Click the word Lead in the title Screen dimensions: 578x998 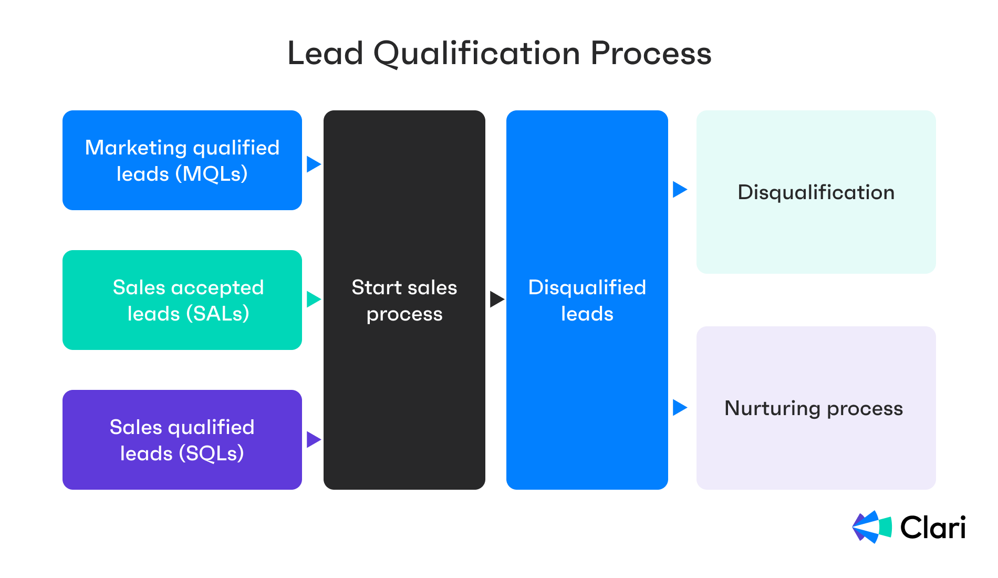(325, 54)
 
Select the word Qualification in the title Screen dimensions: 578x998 (476, 55)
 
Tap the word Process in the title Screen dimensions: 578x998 (651, 54)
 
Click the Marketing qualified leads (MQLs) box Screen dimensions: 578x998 (182, 160)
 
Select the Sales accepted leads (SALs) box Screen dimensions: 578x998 (182, 300)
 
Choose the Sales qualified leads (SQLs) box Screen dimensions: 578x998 (182, 440)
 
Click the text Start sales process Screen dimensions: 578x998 (404, 300)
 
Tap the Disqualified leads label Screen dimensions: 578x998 (587, 300)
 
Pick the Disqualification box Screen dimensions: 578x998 (816, 192)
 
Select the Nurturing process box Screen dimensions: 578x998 (816, 408)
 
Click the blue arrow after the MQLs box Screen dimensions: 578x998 (313, 164)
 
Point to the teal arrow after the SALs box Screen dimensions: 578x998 (313, 300)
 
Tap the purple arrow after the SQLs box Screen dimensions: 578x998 (313, 439)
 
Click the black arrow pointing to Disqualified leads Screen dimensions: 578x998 (496, 300)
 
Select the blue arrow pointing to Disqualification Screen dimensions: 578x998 (679, 189)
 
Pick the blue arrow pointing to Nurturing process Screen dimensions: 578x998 (679, 407)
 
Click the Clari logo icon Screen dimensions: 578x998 (872, 527)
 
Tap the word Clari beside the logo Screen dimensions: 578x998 (933, 528)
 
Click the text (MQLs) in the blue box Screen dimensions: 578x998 (211, 174)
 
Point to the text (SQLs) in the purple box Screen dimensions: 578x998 (211, 453)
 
